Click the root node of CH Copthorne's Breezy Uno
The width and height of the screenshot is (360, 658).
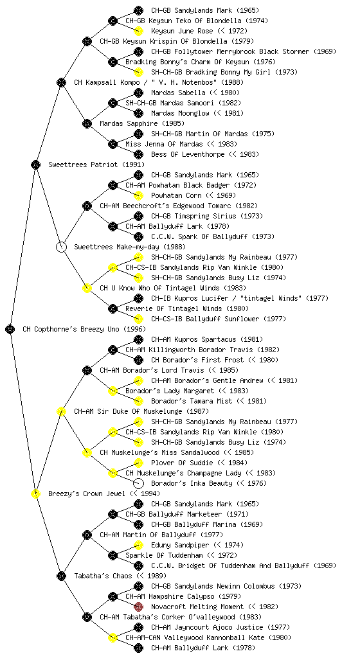[10, 329]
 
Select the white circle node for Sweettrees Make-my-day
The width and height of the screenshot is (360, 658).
[61, 247]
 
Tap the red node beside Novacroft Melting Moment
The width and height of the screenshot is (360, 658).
[138, 607]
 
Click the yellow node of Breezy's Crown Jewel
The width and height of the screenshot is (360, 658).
[35, 493]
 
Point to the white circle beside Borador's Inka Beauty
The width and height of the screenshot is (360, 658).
[138, 483]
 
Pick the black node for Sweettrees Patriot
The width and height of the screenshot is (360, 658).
[35, 164]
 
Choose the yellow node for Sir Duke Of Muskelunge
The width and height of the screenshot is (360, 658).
[61, 411]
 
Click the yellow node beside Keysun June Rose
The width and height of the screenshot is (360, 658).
[138, 31]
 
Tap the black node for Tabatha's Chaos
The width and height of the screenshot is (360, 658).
[61, 576]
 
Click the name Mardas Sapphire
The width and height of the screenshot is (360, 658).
[129, 124]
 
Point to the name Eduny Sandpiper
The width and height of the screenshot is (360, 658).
[180, 545]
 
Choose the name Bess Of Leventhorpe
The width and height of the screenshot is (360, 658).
[188, 154]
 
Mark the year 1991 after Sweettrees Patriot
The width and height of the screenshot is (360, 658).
[134, 164]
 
